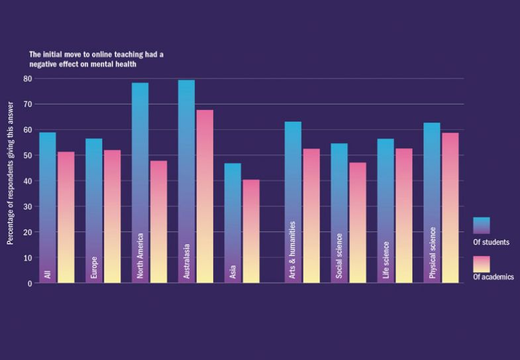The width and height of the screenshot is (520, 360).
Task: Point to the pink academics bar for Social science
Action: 358,223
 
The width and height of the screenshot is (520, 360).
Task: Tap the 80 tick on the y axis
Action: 28,78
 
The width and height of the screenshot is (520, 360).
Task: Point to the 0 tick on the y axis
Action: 30,283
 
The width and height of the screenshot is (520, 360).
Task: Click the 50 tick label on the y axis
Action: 28,155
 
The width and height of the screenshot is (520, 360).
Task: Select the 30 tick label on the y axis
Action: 28,206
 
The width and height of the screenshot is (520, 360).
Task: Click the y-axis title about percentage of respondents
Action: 11,168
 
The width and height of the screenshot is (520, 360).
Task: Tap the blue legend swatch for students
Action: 482,225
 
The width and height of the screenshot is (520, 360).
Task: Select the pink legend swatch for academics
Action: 482,263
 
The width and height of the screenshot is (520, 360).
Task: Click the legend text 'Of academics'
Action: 493,277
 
